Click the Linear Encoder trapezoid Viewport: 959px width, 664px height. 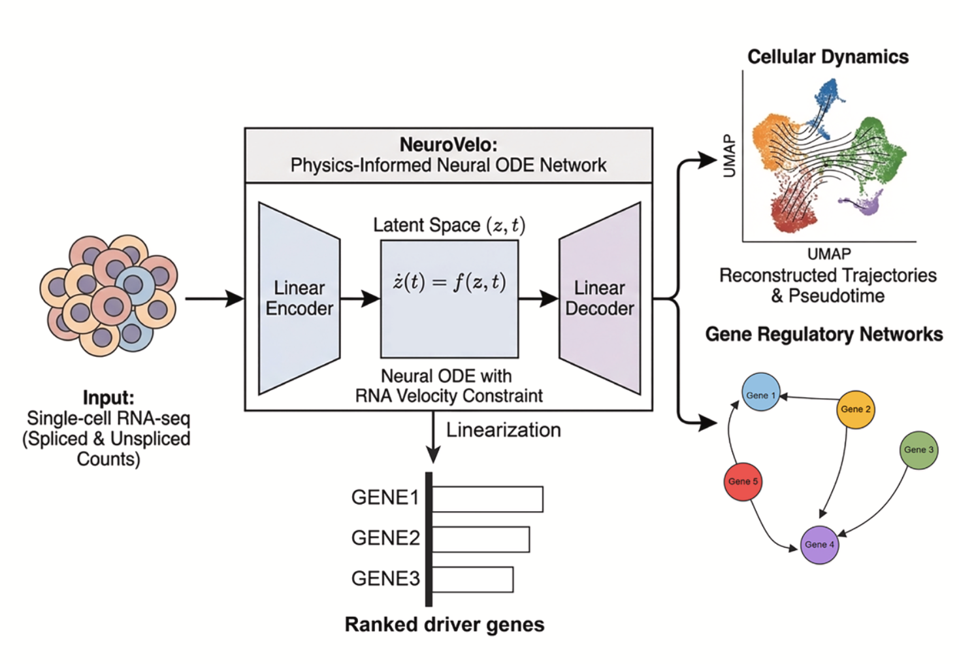(299, 298)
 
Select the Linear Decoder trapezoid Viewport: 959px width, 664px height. (600, 298)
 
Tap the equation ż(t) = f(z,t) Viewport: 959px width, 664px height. (449, 282)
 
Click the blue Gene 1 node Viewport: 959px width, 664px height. (761, 392)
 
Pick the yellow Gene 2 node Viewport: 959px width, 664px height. (855, 409)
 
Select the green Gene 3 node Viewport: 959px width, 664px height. (918, 450)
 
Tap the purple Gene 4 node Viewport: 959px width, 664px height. (819, 544)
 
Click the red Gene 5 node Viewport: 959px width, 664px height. (743, 482)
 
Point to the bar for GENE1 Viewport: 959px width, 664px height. (487, 499)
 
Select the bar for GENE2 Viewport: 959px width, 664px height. (481, 539)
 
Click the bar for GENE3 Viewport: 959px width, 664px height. (472, 580)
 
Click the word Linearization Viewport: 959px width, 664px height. (503, 430)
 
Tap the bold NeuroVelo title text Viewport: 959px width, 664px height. (448, 144)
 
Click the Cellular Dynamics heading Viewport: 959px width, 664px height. (828, 57)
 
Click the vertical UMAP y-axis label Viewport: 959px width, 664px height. (730, 156)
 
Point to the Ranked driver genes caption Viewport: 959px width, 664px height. (444, 625)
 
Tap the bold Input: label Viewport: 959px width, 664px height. (108, 397)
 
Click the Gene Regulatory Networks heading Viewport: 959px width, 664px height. (824, 335)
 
